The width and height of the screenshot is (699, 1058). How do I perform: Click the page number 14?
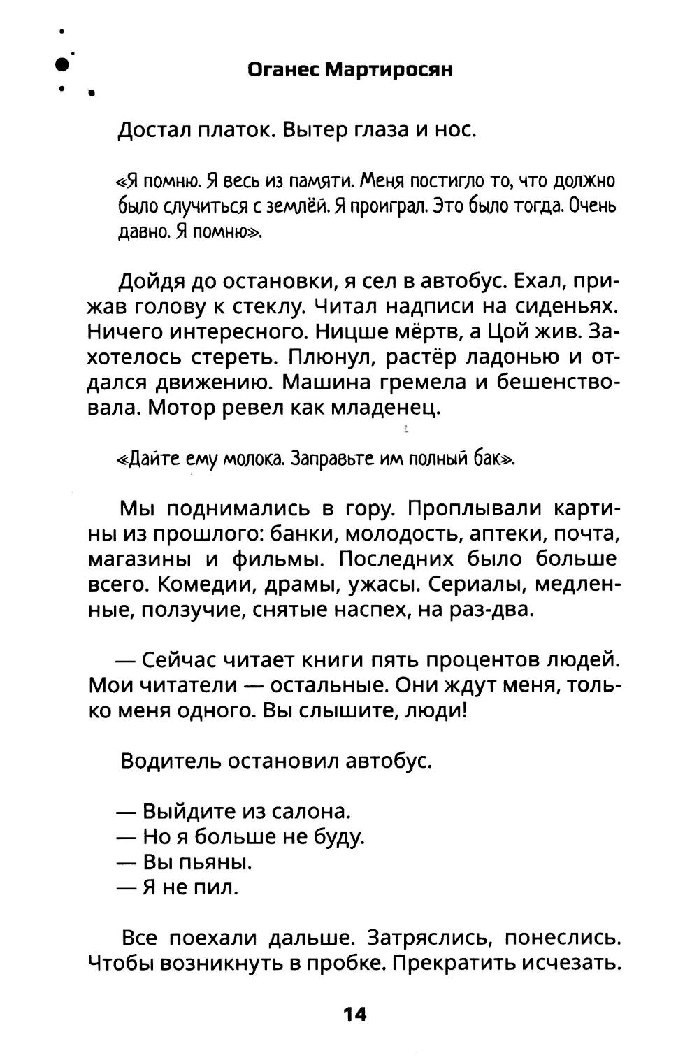point(354,1014)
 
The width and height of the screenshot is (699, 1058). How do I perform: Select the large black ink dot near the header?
point(62,64)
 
